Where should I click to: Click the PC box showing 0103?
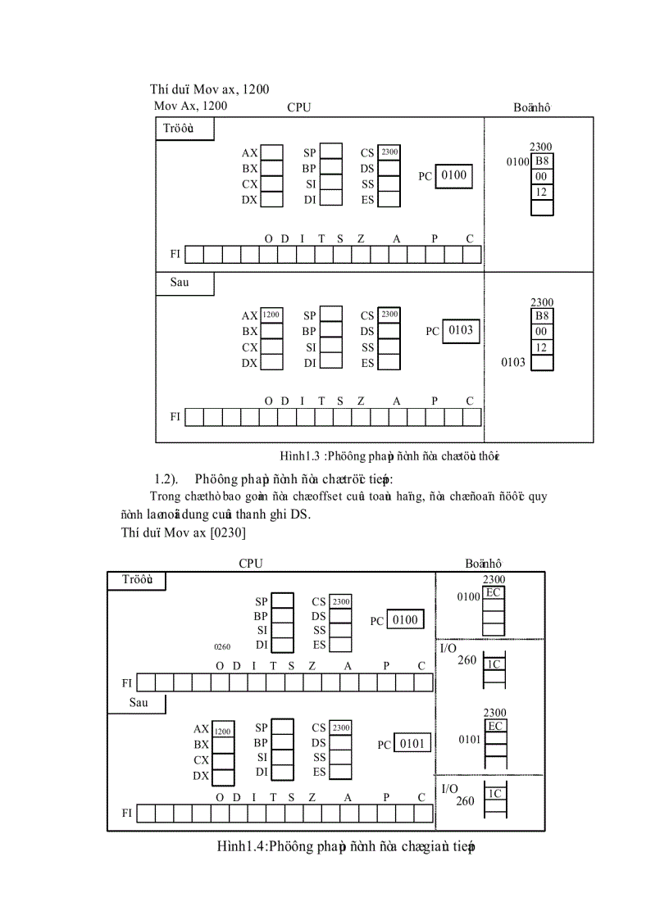(460, 330)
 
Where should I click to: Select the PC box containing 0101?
(412, 743)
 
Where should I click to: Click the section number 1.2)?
(166, 478)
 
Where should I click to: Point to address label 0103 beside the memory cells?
(513, 362)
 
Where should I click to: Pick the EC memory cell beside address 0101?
(494, 726)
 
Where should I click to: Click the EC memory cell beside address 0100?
(493, 592)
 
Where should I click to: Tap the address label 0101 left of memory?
(470, 739)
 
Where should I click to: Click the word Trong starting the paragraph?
(167, 496)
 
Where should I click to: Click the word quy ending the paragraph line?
(538, 496)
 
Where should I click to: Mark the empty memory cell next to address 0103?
(542, 362)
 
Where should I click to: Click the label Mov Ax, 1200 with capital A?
(191, 106)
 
